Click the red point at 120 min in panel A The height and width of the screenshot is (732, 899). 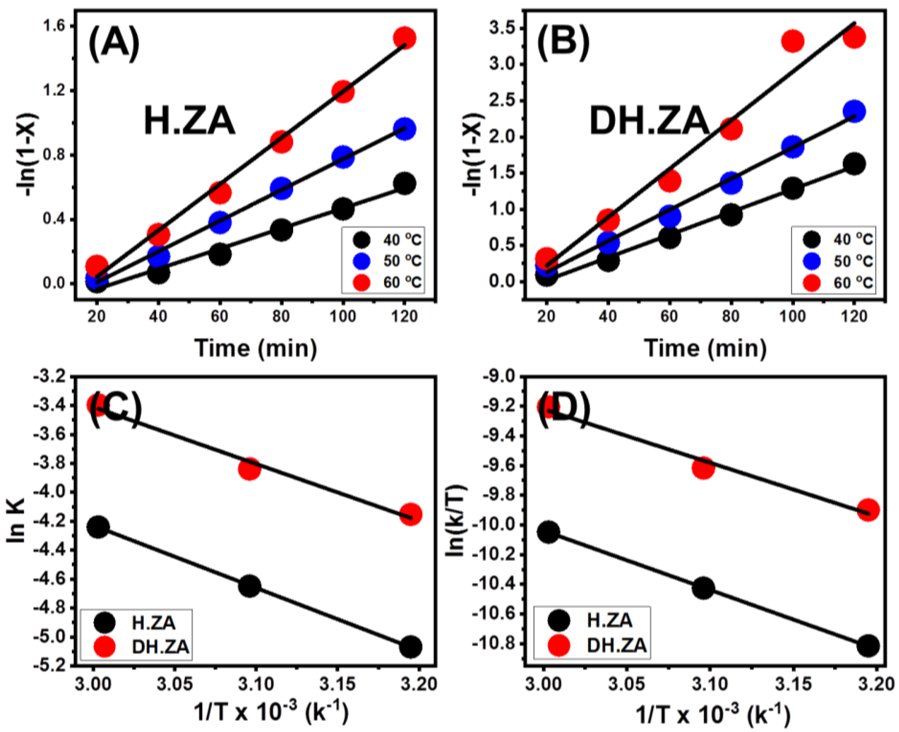pos(404,38)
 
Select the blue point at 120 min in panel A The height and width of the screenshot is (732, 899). pos(404,129)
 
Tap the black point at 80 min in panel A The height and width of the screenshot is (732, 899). pos(281,230)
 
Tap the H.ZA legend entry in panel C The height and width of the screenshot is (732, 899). pos(135,622)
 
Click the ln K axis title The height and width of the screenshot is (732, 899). pos(17,521)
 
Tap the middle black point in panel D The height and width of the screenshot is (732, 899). pos(703,588)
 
